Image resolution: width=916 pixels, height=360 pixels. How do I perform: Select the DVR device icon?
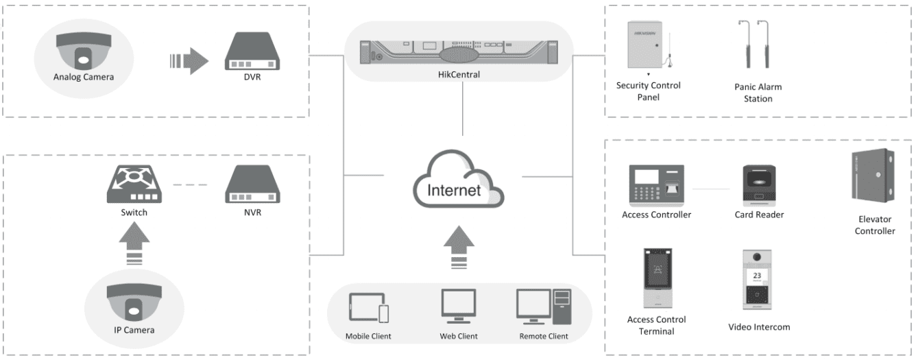coord(252,54)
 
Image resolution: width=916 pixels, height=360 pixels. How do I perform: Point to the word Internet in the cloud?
coord(454,190)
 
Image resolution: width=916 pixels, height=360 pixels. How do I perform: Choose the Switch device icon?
coord(134,187)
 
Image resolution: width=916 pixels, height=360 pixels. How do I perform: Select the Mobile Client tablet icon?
coord(369,307)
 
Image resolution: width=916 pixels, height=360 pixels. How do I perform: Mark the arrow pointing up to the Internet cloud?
coord(458,248)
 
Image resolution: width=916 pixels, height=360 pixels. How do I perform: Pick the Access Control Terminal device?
coord(656,278)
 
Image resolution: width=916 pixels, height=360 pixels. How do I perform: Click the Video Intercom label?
coord(759,327)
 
